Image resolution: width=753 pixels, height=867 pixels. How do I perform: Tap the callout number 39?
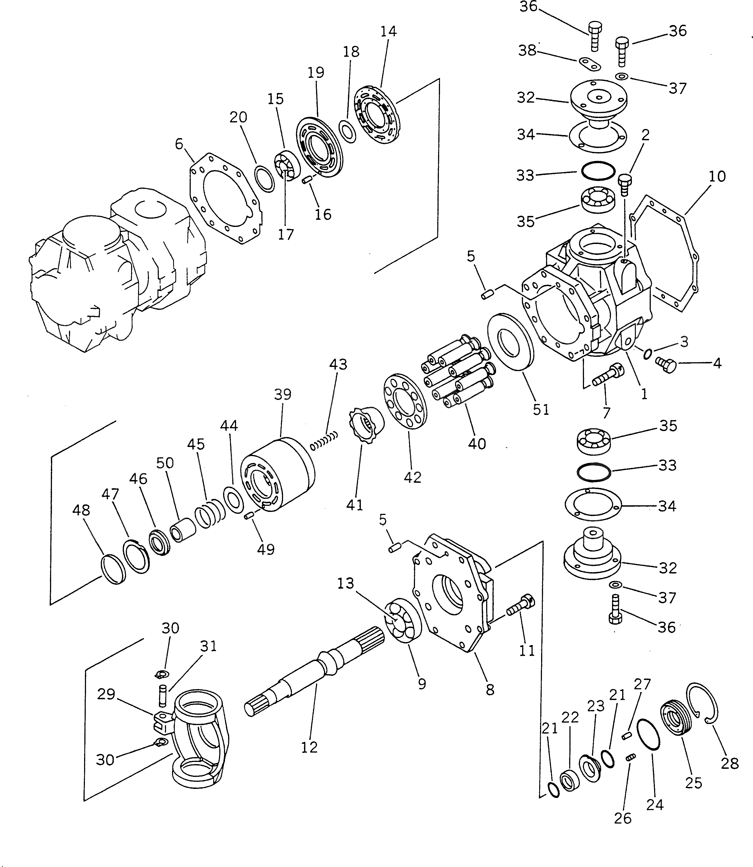pyautogui.click(x=283, y=394)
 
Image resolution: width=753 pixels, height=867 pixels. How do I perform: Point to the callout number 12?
pyautogui.click(x=309, y=747)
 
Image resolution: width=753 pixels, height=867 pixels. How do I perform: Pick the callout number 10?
pyautogui.click(x=717, y=177)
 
